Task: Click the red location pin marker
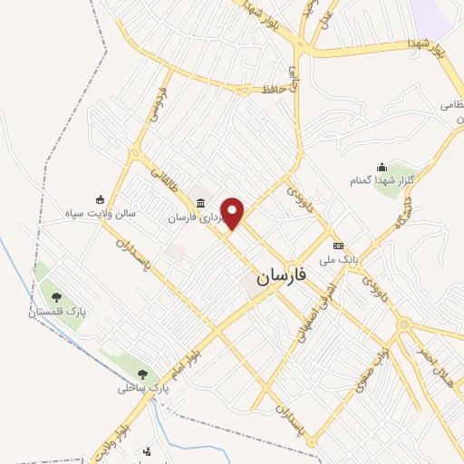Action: point(233,212)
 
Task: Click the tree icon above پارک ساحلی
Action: point(142,373)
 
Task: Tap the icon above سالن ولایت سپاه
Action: point(100,199)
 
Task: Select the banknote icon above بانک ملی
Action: point(338,246)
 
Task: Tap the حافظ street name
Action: point(275,89)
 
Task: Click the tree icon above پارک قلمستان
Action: point(56,296)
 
